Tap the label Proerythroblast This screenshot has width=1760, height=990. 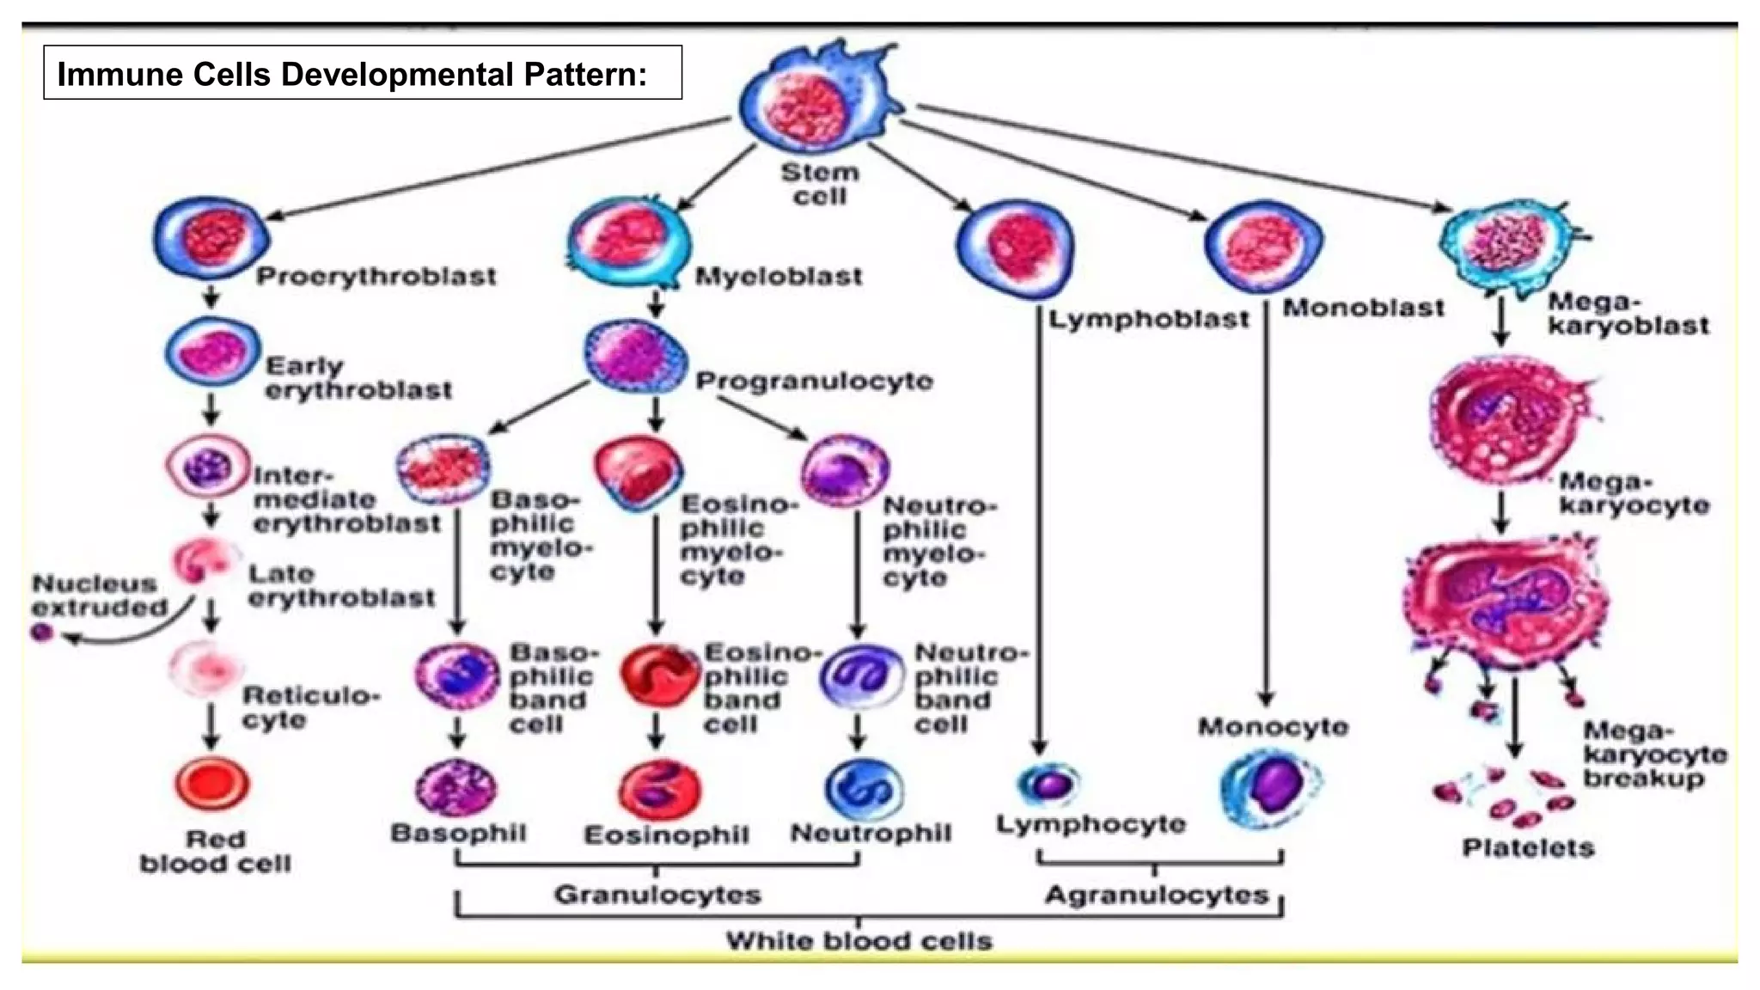click(x=376, y=277)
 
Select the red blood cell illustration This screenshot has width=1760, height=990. click(x=212, y=784)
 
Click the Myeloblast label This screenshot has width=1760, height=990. click(x=779, y=277)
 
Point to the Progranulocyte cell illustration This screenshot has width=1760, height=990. click(x=636, y=355)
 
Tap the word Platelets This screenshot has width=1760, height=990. click(x=1528, y=848)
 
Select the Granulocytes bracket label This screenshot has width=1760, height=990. click(x=657, y=895)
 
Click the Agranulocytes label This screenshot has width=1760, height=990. click(x=1157, y=895)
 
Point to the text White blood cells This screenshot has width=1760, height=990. click(x=859, y=940)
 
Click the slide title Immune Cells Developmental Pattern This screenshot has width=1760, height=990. click(x=352, y=74)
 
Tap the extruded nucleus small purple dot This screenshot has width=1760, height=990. click(x=42, y=633)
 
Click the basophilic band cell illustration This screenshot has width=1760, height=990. click(x=457, y=675)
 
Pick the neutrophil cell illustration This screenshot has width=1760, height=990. click(x=863, y=787)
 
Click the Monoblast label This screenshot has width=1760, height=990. click(x=1364, y=308)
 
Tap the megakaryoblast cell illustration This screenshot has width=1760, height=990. click(x=1509, y=243)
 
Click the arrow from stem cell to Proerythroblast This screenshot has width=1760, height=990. click(x=498, y=168)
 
